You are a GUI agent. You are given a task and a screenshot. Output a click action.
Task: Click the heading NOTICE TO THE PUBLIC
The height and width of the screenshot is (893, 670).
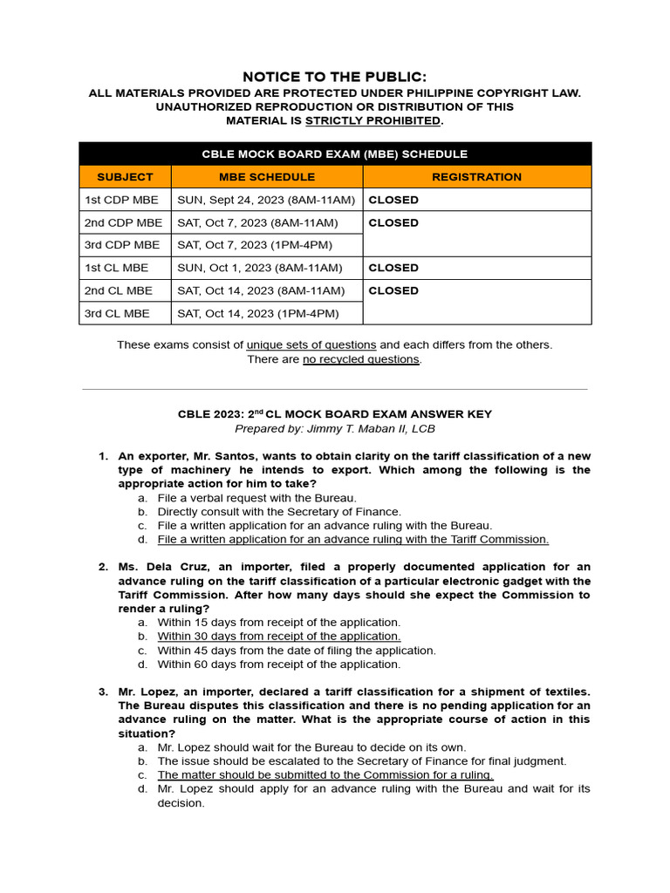click(335, 77)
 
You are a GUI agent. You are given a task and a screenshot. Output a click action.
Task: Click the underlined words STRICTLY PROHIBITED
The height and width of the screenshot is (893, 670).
click(373, 120)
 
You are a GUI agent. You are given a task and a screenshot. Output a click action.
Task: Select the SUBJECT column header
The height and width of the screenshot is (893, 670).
click(125, 177)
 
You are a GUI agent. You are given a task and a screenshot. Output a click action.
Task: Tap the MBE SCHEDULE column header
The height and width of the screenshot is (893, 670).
click(266, 177)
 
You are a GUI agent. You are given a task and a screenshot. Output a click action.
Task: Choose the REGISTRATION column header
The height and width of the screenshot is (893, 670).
click(476, 177)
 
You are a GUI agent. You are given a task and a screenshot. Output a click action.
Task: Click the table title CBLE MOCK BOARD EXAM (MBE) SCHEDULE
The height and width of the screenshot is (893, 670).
click(335, 153)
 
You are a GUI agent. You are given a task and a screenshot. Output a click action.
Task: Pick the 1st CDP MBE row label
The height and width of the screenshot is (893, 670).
click(121, 200)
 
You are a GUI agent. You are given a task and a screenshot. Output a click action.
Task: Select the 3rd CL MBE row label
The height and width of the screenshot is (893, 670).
click(117, 313)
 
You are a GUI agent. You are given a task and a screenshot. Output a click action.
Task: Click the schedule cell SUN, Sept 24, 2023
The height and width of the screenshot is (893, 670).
click(266, 200)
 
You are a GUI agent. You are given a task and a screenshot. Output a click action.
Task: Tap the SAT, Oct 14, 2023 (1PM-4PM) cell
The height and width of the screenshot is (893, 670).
click(258, 313)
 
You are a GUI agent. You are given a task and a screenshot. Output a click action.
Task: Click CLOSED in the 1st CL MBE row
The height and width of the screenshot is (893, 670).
click(393, 268)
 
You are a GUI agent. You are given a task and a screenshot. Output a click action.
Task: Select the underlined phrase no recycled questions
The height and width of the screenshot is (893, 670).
click(361, 359)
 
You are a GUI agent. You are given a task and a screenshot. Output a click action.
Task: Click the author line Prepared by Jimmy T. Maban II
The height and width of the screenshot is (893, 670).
click(335, 429)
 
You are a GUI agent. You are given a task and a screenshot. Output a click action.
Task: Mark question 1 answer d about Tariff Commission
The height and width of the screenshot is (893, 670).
click(352, 540)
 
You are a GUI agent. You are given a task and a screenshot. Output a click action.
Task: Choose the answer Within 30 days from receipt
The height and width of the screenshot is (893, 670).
click(278, 637)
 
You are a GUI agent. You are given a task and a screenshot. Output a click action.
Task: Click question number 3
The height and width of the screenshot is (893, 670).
click(102, 692)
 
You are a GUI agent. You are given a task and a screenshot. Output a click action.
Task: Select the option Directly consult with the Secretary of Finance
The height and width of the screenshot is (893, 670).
click(279, 512)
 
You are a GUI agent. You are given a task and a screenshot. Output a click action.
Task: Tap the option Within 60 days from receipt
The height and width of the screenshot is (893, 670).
click(278, 665)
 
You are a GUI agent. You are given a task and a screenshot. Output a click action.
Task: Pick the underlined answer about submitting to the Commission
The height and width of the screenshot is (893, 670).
click(325, 775)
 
